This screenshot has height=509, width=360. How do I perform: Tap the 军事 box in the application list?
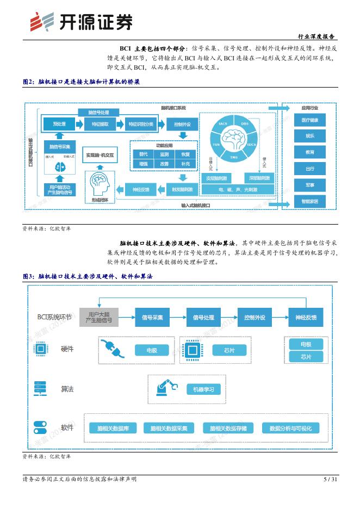click(309, 185)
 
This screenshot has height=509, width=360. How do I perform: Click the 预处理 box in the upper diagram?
click(59, 124)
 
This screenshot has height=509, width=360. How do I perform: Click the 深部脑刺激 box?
click(260, 178)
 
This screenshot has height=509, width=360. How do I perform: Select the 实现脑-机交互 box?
click(100, 155)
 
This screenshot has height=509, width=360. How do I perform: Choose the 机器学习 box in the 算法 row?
click(204, 389)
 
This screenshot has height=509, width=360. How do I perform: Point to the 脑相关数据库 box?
click(113, 429)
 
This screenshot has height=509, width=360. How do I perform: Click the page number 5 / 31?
click(330, 479)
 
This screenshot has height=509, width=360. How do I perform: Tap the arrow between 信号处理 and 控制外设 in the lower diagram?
click(229, 318)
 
